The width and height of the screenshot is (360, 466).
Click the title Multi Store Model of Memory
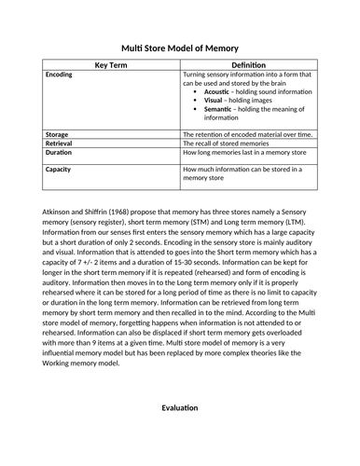click(180, 48)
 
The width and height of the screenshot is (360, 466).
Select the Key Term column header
click(111, 64)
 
